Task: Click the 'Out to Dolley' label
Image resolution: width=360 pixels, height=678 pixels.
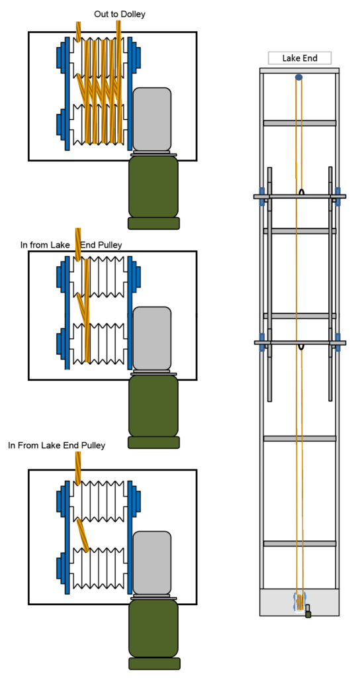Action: [x=120, y=15]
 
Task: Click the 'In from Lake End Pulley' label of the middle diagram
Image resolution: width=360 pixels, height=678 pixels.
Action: [x=71, y=245]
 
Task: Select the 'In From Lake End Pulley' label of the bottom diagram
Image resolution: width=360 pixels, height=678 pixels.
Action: [x=57, y=445]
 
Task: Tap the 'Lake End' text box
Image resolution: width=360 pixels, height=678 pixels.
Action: [x=300, y=58]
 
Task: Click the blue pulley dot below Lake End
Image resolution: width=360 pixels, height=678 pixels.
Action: [x=298, y=77]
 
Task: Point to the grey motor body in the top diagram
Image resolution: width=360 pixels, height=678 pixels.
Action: [x=152, y=119]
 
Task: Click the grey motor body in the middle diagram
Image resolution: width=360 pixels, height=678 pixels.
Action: [x=152, y=338]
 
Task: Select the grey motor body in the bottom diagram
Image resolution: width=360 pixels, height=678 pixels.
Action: [x=152, y=563]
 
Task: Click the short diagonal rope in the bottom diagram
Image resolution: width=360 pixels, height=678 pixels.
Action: [x=83, y=535]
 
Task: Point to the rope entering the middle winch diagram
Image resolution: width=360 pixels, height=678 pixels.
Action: [x=78, y=244]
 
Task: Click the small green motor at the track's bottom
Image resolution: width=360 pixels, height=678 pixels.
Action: [x=308, y=612]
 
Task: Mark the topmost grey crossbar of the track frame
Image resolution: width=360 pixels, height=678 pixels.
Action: [x=300, y=123]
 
